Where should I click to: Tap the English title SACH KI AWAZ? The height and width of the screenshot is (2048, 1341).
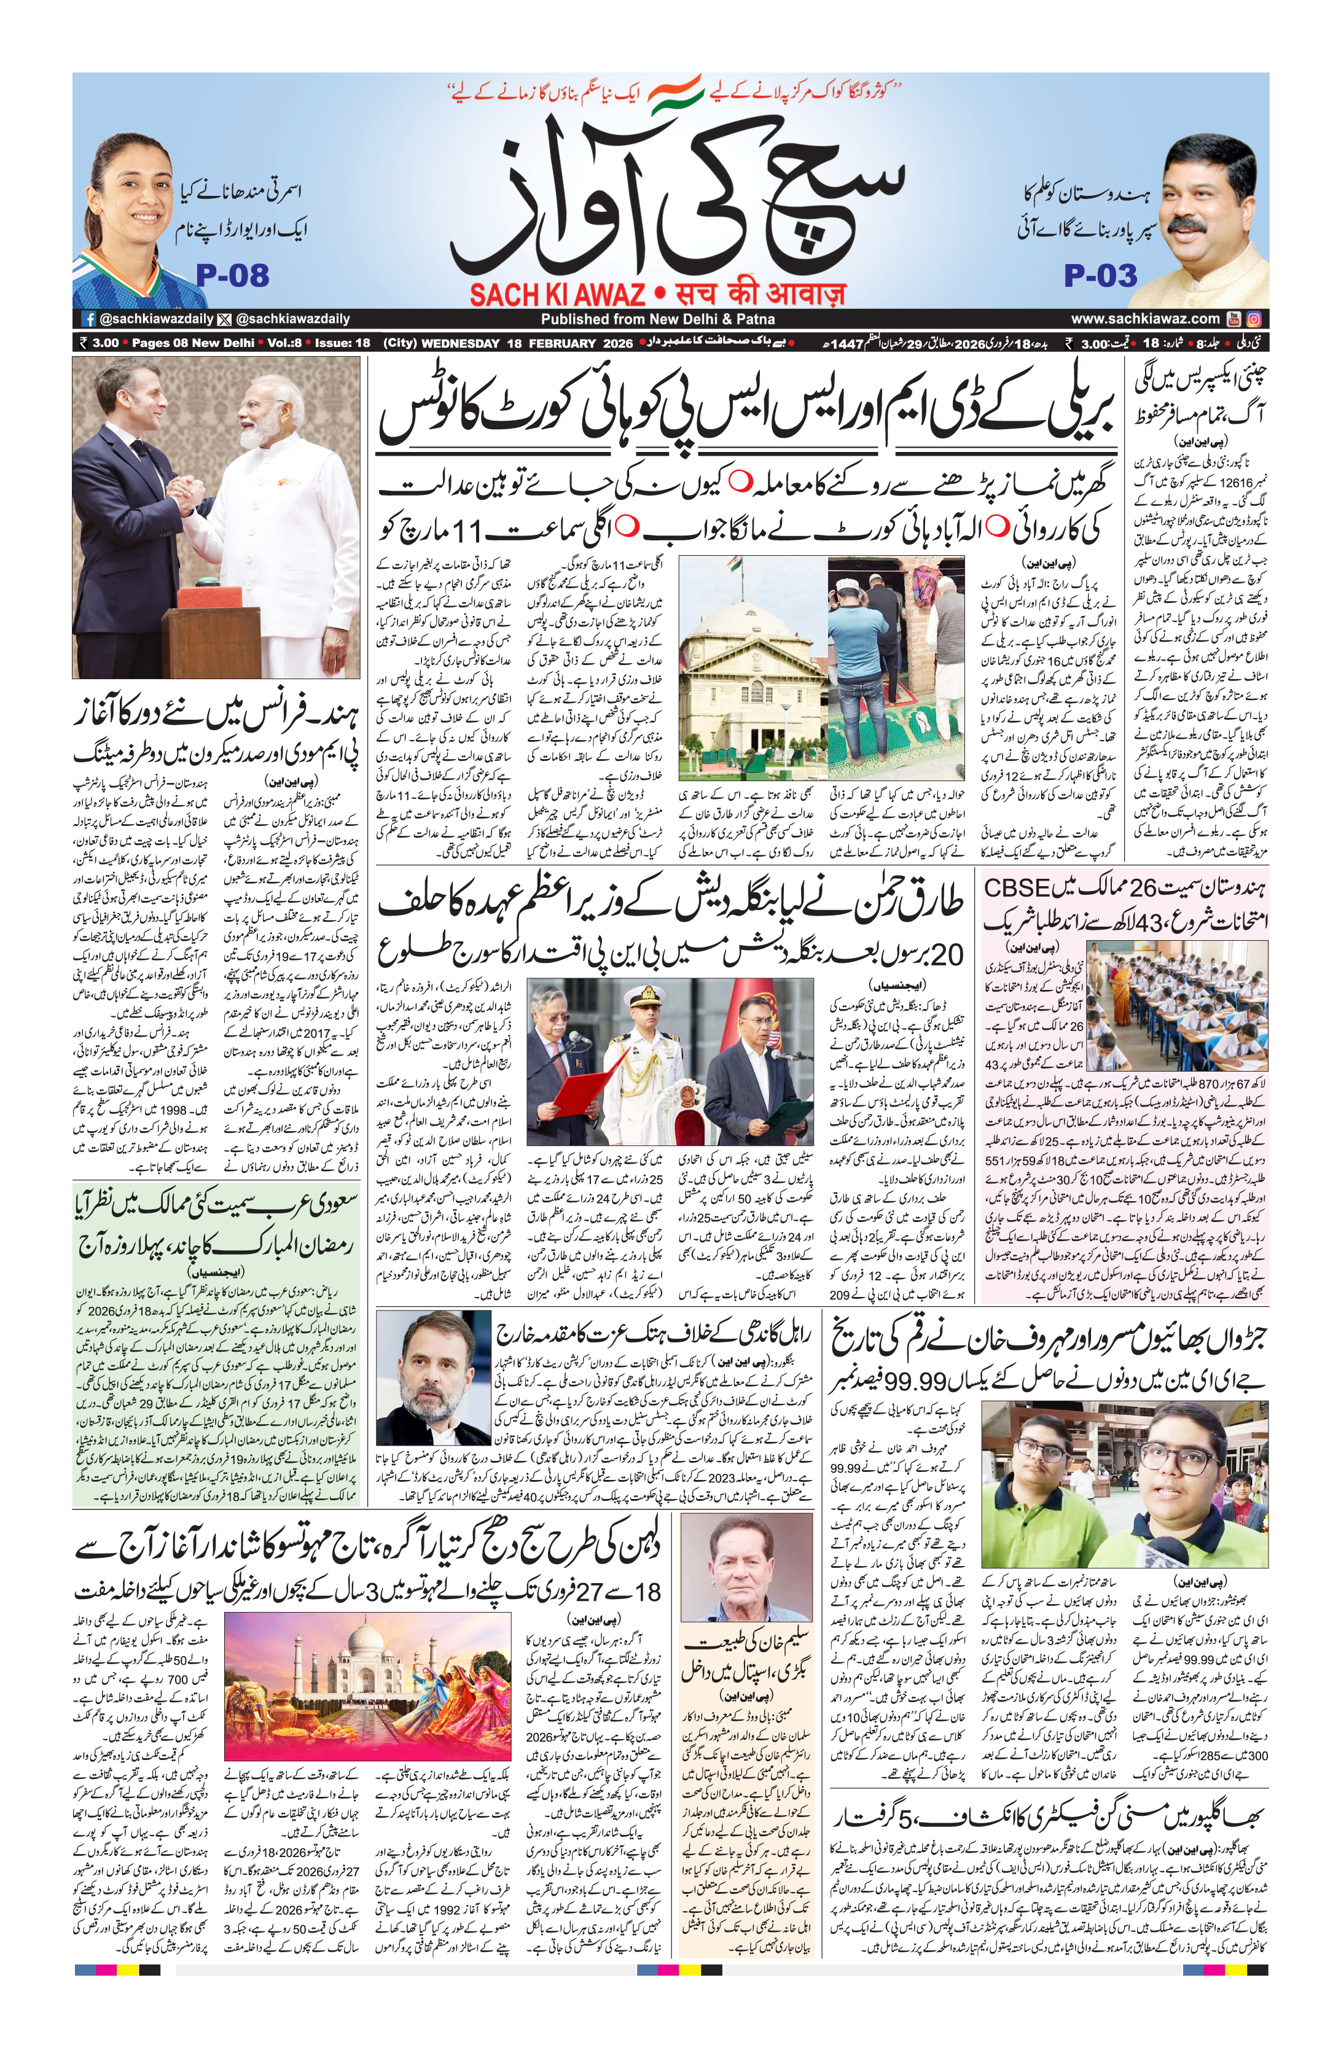(557, 294)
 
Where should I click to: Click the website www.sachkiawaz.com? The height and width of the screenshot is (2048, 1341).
(1145, 318)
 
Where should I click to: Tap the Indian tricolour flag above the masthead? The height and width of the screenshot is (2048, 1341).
(675, 93)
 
